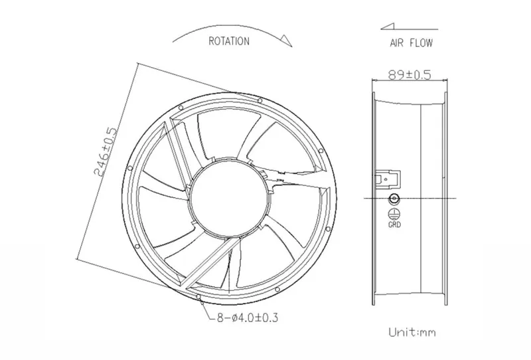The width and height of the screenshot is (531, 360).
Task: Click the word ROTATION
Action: click(229, 41)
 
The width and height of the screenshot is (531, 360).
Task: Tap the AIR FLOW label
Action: click(411, 43)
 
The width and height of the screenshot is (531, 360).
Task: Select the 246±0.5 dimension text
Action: click(106, 151)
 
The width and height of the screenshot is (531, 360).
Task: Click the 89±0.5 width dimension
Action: click(410, 74)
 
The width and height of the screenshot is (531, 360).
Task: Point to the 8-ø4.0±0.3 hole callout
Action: click(247, 318)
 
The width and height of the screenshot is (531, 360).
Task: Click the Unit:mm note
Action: click(412, 332)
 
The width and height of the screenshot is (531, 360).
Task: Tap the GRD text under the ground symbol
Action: click(394, 225)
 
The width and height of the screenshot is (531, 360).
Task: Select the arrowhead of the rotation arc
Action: click(286, 40)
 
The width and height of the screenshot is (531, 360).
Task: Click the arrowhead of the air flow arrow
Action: click(388, 27)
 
